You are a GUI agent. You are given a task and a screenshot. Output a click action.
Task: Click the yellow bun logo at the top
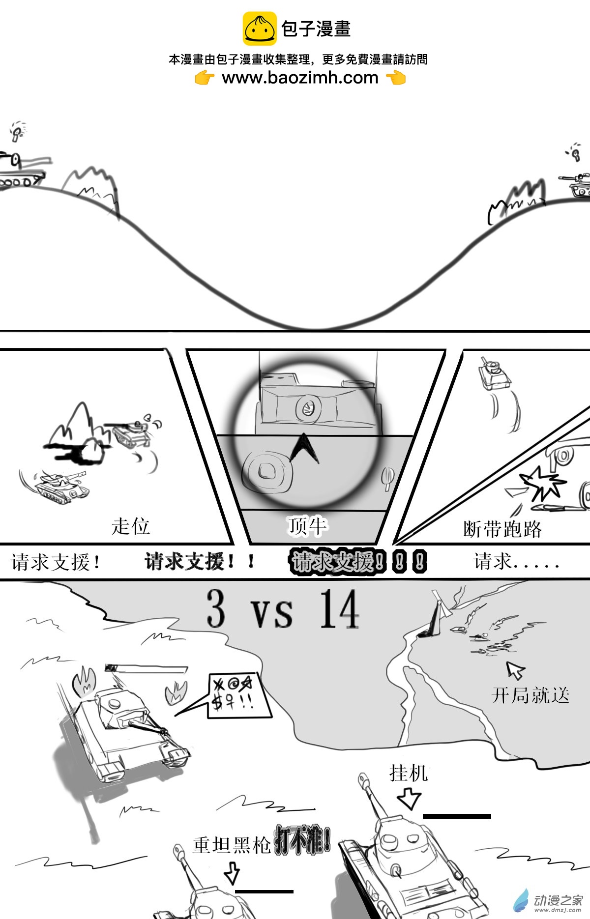coord(259,29)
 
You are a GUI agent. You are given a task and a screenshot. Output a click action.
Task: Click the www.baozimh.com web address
coord(300,78)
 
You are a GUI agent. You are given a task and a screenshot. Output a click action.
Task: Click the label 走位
coord(130,526)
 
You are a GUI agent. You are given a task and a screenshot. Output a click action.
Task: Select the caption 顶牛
coord(307,526)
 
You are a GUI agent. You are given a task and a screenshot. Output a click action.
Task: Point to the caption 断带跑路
coord(502,529)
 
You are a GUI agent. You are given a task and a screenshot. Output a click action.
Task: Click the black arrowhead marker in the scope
coord(304,447)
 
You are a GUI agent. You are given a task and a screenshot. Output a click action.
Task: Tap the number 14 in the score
coord(339,609)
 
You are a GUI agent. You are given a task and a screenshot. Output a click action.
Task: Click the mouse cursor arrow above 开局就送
coord(515,669)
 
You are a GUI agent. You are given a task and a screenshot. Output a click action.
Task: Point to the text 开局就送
coord(531,695)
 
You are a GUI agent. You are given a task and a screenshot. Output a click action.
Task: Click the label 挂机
coord(408,773)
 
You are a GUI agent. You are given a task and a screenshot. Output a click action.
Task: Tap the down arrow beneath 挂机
coord(409,798)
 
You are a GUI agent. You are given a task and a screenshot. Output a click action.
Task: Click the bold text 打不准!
coord(302,841)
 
